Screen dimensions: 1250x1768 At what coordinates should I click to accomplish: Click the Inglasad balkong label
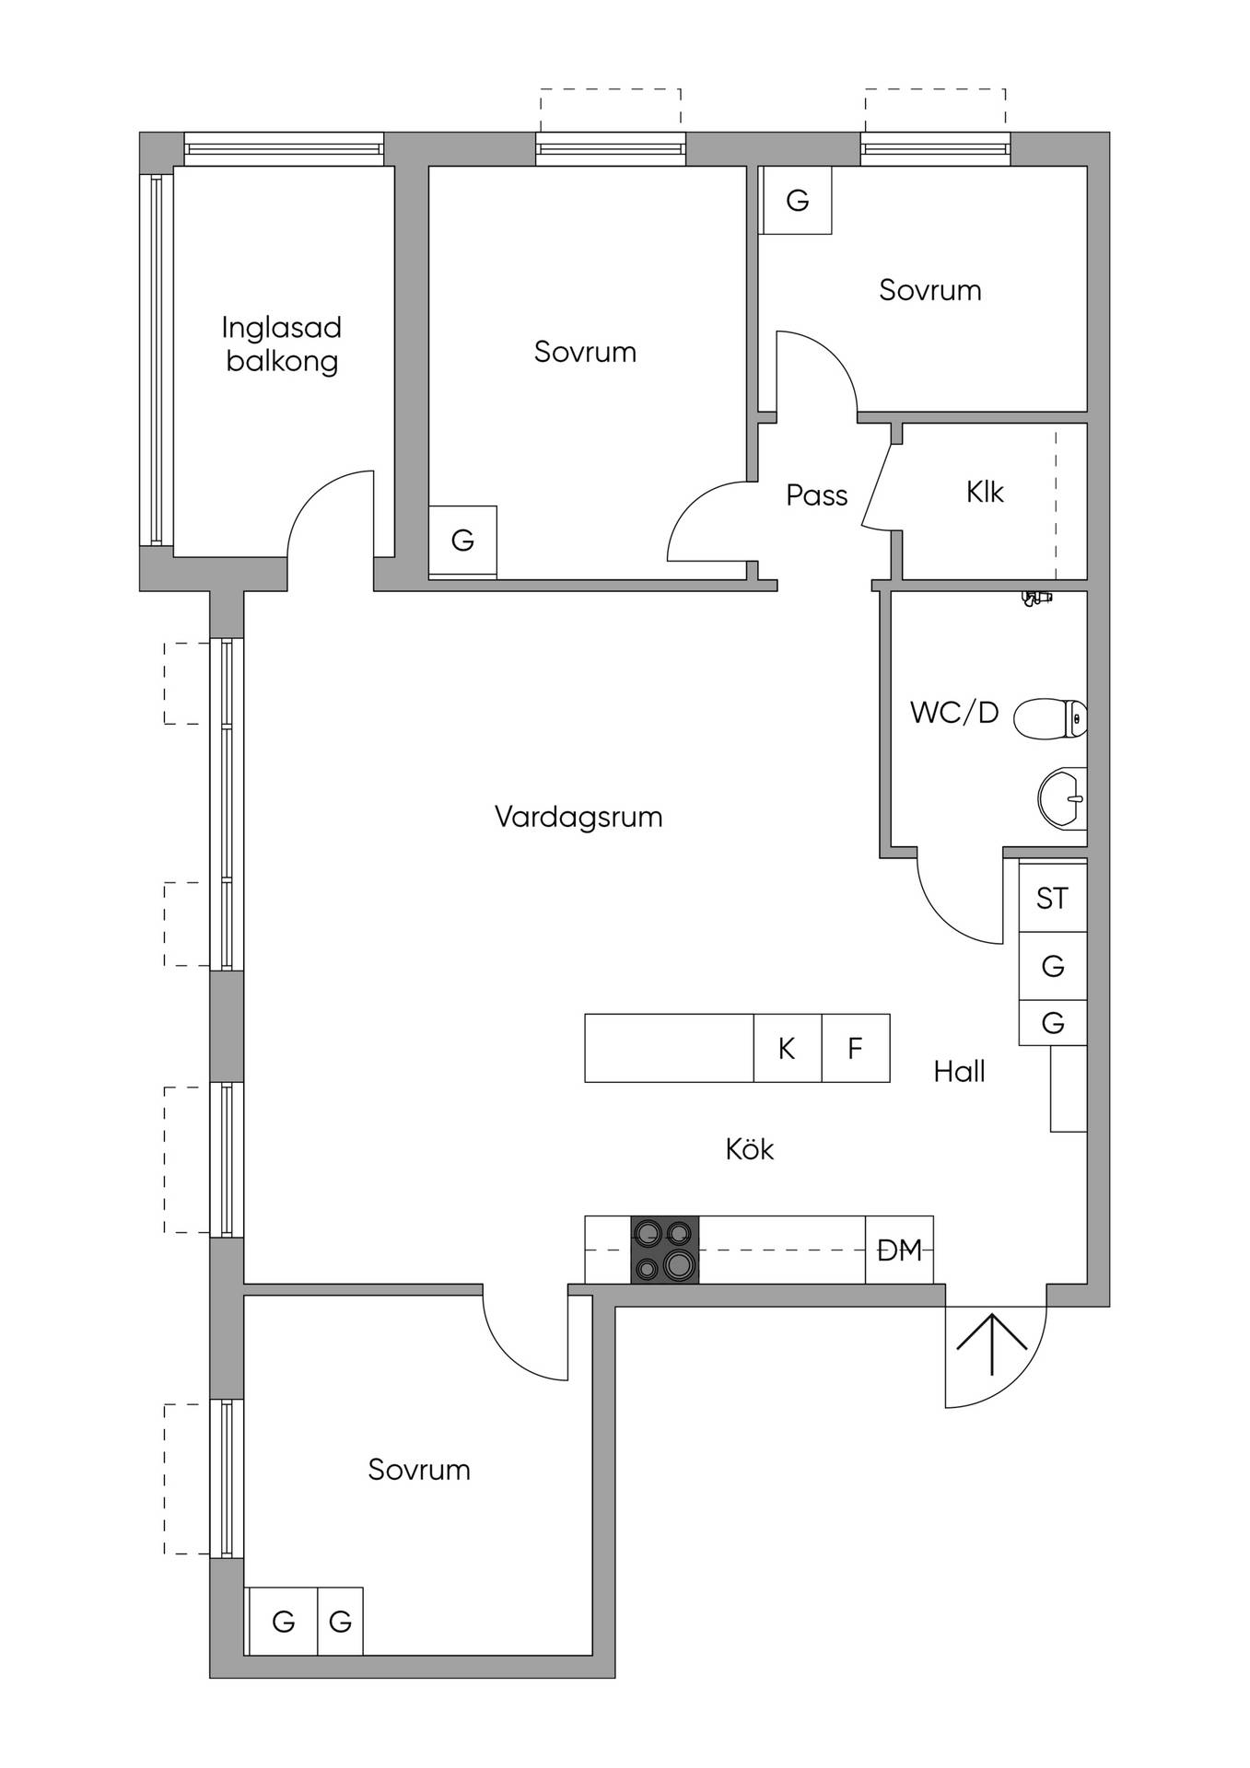click(x=282, y=343)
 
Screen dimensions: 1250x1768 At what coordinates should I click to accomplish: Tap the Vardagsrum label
click(x=578, y=817)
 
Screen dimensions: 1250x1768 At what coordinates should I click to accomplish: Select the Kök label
click(x=750, y=1148)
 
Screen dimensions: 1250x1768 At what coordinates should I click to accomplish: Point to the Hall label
click(x=959, y=1071)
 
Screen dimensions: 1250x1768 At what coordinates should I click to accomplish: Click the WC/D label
click(x=954, y=712)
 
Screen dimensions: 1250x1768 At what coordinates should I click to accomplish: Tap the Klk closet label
click(x=985, y=492)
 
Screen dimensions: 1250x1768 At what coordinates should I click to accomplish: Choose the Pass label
click(x=816, y=495)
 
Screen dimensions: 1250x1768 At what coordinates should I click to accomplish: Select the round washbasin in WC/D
click(x=1063, y=798)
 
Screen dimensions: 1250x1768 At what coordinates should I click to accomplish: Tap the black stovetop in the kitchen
click(x=664, y=1250)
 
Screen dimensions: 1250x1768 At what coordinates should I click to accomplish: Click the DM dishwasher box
click(x=899, y=1250)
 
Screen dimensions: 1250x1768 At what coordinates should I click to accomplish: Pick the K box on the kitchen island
click(x=788, y=1048)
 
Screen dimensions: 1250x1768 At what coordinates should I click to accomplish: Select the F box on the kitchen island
click(x=856, y=1048)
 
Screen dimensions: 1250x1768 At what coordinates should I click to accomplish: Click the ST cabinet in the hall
click(x=1053, y=898)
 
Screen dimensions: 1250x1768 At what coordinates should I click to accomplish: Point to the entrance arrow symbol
click(x=991, y=1344)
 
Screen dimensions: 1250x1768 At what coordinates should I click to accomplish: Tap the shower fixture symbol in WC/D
click(x=1036, y=599)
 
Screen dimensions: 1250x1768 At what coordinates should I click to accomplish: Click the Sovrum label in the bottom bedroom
click(x=419, y=1469)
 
